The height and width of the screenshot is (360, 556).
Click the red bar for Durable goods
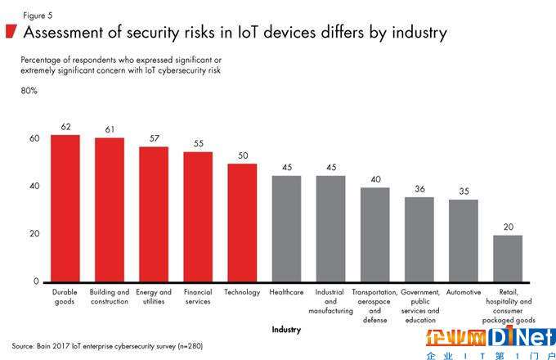point(65,208)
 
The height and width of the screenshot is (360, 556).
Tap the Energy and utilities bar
point(154,214)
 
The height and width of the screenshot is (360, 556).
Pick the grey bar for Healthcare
point(285,228)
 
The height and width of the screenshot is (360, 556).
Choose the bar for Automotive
point(463,241)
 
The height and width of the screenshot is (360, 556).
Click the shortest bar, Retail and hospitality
point(507,259)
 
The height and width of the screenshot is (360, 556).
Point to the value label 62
point(65,127)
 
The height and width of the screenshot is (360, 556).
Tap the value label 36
point(419,189)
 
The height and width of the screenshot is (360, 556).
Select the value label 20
point(507,227)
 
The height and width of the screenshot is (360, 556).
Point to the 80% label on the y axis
point(29,91)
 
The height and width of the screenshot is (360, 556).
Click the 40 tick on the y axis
point(34,187)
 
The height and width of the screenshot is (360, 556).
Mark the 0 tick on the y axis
point(36,281)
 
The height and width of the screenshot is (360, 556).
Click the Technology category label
point(241,292)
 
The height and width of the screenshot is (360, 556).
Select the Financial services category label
point(197,296)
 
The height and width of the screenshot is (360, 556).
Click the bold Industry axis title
point(285,330)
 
